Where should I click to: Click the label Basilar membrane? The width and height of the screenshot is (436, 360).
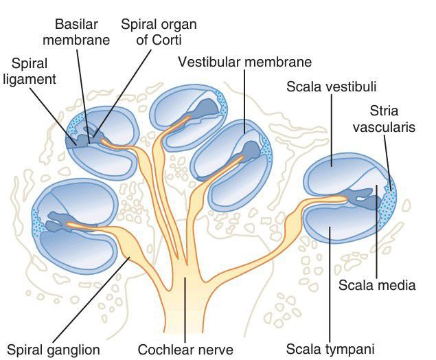tap(82, 32)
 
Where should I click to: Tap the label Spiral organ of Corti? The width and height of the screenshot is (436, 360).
tap(159, 32)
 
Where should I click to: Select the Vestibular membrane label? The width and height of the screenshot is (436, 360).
tap(244, 62)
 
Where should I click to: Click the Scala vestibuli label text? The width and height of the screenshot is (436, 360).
tap(333, 87)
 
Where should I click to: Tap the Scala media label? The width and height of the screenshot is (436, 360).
tap(378, 284)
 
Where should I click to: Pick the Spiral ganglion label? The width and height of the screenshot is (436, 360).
tap(52, 349)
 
